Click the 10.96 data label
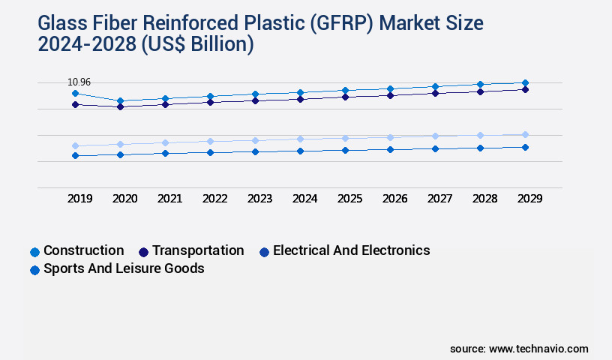point(79,82)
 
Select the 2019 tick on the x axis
point(80,198)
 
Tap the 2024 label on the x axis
point(304,198)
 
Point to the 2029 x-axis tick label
point(529,198)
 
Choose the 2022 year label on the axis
point(214,198)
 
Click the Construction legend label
point(84,250)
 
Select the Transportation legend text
point(198,250)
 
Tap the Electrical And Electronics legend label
point(351,250)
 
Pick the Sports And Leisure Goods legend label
point(124,268)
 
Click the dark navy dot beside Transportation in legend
point(144,252)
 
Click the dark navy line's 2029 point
point(525,90)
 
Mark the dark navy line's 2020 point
point(121,106)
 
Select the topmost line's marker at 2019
point(75,93)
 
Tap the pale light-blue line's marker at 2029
point(525,135)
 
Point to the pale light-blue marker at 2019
point(75,146)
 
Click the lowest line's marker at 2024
point(300,151)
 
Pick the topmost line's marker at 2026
point(390,89)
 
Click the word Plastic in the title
point(274,23)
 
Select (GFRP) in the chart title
point(342,23)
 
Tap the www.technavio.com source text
point(538,349)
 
